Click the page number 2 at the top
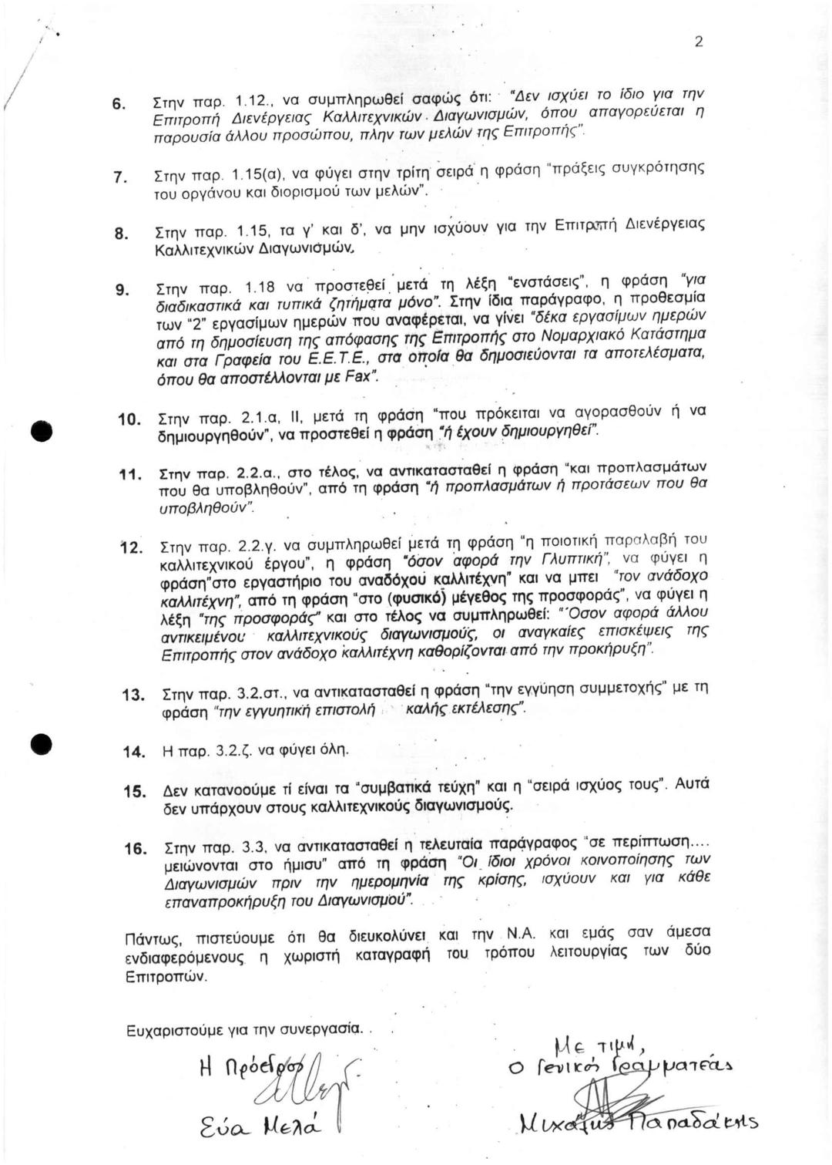[x=699, y=42]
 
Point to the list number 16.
[x=135, y=848]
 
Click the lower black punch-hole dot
[x=41, y=745]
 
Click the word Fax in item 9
[x=360, y=379]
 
